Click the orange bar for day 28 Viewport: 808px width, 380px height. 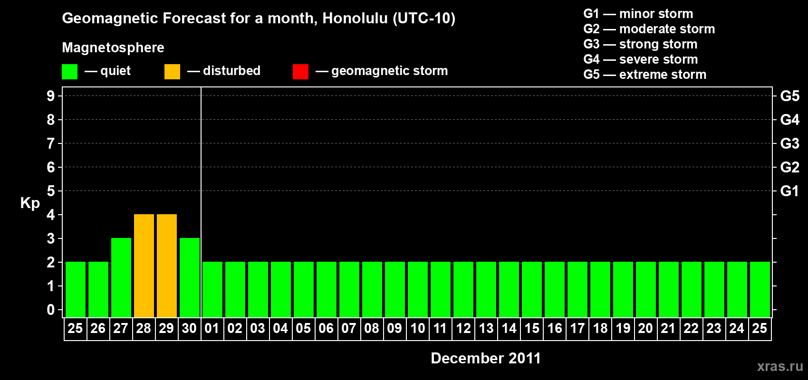click(144, 266)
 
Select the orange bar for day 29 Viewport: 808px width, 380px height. click(167, 266)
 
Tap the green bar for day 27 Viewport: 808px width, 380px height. click(121, 277)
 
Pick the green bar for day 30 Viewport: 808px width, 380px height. click(190, 277)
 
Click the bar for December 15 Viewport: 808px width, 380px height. click(532, 289)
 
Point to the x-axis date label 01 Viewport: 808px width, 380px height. click(212, 328)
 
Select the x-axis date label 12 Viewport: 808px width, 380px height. click(463, 328)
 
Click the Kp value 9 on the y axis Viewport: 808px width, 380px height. click(50, 96)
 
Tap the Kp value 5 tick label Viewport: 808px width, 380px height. click(50, 191)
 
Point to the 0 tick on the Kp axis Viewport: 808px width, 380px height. click(50, 310)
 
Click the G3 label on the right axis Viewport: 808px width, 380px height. click(789, 143)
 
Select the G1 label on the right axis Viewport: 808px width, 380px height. click(789, 191)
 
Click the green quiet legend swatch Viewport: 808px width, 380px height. click(69, 71)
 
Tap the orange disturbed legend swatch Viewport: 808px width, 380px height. click(172, 71)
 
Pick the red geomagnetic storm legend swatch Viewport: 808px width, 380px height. click(300, 71)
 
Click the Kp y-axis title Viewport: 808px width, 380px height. click(30, 203)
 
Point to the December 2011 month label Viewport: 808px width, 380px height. click(486, 358)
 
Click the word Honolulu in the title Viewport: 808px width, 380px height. click(355, 18)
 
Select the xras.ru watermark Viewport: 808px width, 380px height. click(780, 366)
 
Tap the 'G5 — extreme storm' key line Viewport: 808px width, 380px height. click(644, 75)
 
